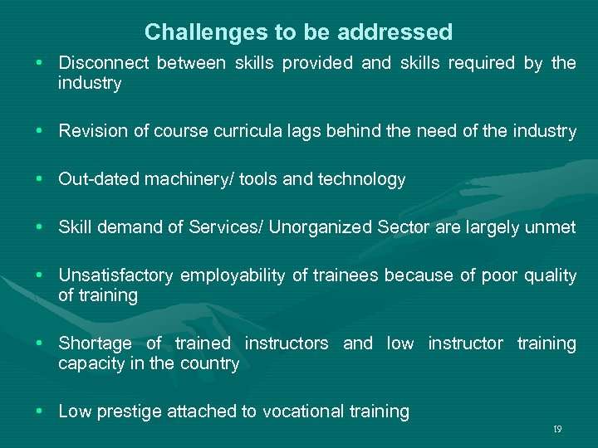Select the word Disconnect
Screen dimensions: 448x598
pos(105,64)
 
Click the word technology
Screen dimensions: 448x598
pos(362,179)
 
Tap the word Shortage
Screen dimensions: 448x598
pos(95,343)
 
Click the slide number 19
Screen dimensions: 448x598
pos(557,429)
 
